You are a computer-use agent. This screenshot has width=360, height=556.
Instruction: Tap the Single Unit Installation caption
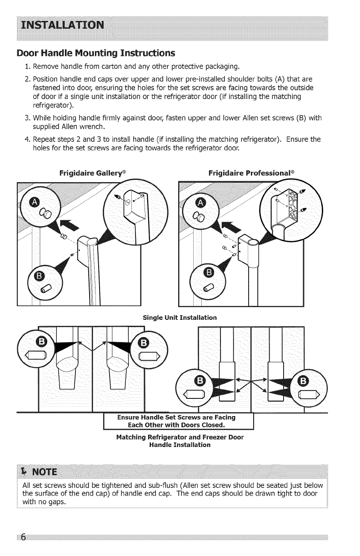pyautogui.click(x=180, y=317)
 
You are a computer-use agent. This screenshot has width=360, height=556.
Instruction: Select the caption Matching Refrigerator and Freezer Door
pyautogui.click(x=180, y=437)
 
